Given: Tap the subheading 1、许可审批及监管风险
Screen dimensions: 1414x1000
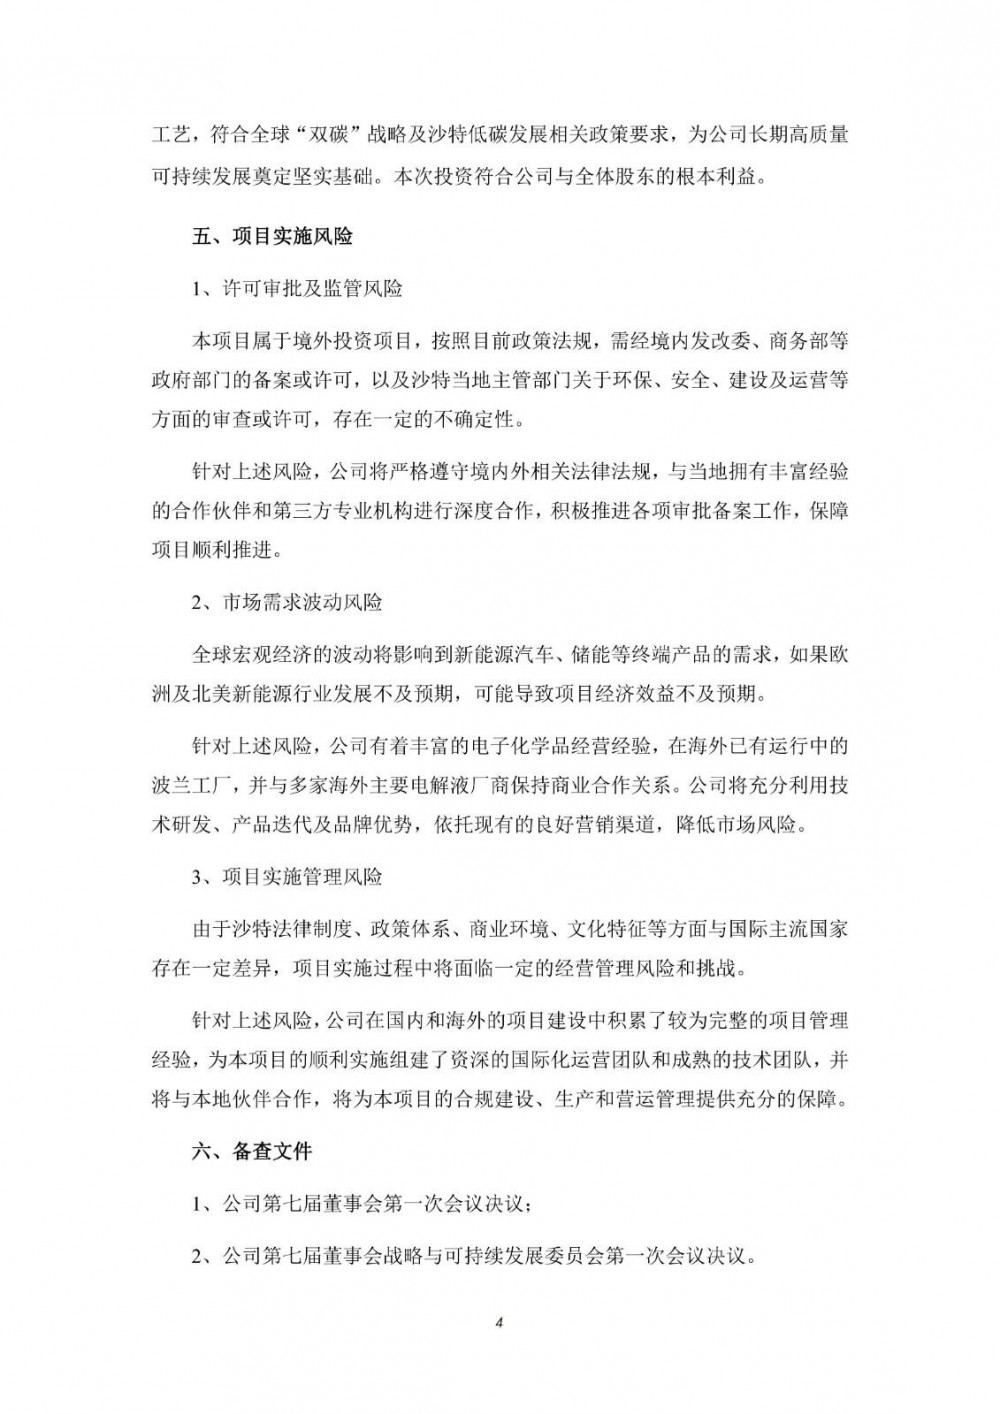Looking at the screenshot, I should click(x=297, y=289).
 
